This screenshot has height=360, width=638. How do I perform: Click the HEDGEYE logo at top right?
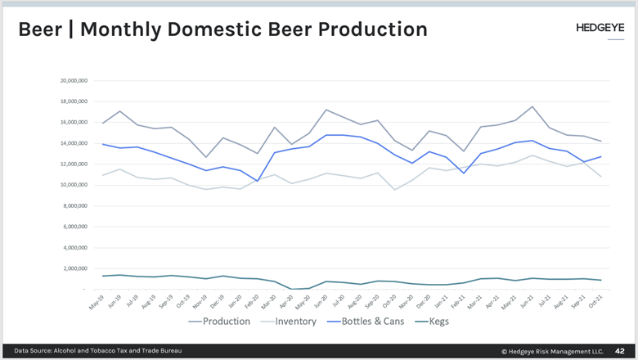pyautogui.click(x=600, y=27)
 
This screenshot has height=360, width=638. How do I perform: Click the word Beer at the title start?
pyautogui.click(x=39, y=29)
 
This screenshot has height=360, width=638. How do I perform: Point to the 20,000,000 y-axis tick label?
pyautogui.click(x=74, y=81)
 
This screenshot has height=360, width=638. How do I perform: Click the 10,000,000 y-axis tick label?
pyautogui.click(x=74, y=185)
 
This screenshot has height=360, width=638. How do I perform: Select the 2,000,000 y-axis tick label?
pyautogui.click(x=75, y=268)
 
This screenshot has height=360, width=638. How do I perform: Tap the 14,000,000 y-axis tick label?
pyautogui.click(x=74, y=143)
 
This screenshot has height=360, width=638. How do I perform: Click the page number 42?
pyautogui.click(x=619, y=350)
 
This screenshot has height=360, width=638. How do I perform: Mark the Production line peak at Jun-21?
pyautogui.click(x=532, y=106)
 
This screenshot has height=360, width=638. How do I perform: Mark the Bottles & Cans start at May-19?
pyautogui.click(x=103, y=144)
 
